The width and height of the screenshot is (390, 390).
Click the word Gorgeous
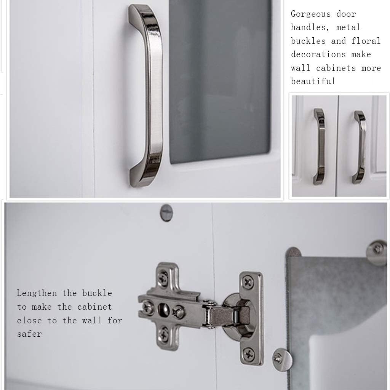tap(311, 14)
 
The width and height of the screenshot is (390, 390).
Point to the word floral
tap(366, 41)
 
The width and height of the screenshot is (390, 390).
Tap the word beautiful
tap(313, 81)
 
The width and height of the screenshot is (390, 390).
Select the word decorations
tap(318, 54)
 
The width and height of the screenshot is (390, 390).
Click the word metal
tap(348, 27)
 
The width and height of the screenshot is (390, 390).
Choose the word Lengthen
tap(37, 293)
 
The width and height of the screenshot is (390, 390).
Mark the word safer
tap(29, 334)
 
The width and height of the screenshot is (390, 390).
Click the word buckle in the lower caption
tap(97, 293)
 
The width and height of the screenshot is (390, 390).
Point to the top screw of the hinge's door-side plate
tap(248, 282)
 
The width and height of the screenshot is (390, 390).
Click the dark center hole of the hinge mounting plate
tap(163, 310)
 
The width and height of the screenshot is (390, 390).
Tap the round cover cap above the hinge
tap(166, 213)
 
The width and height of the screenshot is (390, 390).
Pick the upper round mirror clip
tap(377, 253)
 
